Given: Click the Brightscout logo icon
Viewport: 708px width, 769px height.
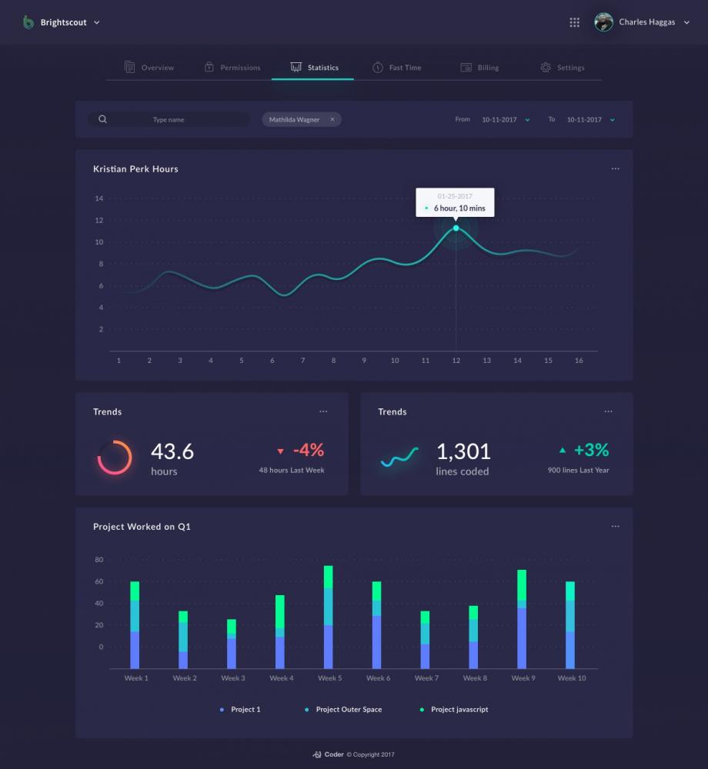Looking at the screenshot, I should [28, 22].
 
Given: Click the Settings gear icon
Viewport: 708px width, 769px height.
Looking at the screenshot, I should [546, 68].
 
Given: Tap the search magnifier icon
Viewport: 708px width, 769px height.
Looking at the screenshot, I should [102, 119].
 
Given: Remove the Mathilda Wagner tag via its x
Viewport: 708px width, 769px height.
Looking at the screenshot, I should [332, 119].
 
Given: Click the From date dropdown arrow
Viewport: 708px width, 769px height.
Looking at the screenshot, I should [528, 120].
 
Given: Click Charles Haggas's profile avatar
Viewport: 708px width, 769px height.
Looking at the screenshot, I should [604, 22].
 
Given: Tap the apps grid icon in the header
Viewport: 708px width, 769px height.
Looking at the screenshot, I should [574, 22].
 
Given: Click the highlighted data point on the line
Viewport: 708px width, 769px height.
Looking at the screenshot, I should [456, 228].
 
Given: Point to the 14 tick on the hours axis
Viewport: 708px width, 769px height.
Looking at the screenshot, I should [99, 198].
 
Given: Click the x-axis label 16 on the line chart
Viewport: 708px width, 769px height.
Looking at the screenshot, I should [579, 360].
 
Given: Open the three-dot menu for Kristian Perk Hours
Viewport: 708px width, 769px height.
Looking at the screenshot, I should [615, 168].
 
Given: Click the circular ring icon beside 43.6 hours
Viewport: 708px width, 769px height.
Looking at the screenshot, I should [115, 457].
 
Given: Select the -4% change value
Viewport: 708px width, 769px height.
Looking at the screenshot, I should [308, 450].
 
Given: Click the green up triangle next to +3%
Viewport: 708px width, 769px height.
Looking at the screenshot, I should [563, 450].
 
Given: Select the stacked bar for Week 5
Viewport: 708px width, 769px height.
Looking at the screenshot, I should [329, 617].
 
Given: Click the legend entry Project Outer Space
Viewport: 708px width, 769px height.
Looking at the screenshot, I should [348, 709].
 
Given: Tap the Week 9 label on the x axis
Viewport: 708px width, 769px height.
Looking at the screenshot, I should [523, 678].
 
